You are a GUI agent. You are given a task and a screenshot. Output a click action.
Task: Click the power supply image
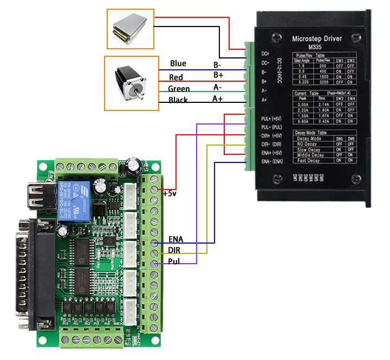point(130,25)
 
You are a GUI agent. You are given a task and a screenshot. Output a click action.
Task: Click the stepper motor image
point(130,82)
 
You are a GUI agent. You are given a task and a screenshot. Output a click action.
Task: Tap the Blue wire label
point(178,64)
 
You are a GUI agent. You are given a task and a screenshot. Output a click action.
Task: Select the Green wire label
point(179,89)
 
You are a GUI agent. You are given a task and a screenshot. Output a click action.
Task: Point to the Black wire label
point(178,100)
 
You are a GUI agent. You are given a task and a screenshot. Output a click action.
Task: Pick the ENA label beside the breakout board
point(175,239)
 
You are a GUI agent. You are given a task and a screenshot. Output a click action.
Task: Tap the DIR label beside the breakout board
point(174,250)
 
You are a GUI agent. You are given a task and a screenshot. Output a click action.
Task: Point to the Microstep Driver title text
point(317,39)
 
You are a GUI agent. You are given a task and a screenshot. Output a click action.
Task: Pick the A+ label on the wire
point(218,99)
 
